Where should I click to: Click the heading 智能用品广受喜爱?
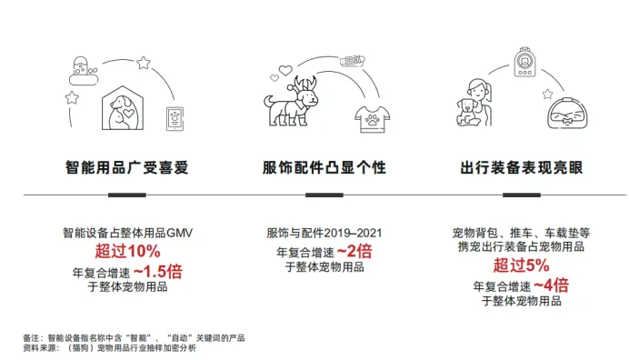pyautogui.click(x=127, y=168)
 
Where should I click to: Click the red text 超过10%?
pyautogui.click(x=127, y=251)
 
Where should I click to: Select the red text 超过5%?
pyautogui.click(x=521, y=266)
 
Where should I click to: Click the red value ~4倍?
pyautogui.click(x=550, y=285)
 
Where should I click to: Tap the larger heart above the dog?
pyautogui.click(x=285, y=69)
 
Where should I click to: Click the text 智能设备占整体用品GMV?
pyautogui.click(x=127, y=233)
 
